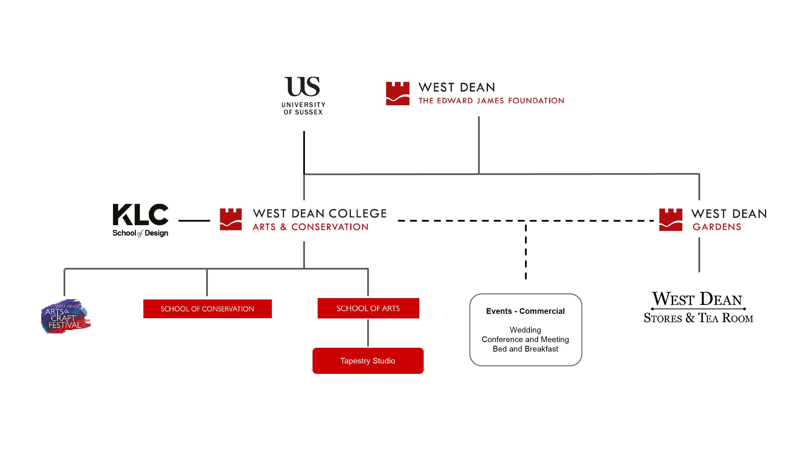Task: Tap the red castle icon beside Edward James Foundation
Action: pos(398,94)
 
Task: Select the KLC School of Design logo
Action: pos(141,220)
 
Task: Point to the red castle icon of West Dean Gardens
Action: pos(671,220)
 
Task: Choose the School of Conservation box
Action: pos(208,309)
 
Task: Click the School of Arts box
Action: pos(368,308)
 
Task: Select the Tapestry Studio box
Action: pos(368,361)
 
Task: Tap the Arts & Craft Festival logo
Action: pos(66,316)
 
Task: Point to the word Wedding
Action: pos(525,330)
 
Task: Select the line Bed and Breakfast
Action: pos(525,349)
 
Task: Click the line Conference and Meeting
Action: pos(525,339)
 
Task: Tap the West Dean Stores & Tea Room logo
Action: pos(698,307)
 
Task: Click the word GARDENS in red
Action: pos(717,227)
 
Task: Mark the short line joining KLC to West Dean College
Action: pos(194,221)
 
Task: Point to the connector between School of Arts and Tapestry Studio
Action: pos(368,333)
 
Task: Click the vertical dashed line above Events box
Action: pos(526,251)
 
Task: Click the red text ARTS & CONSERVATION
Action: pos(311,227)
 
